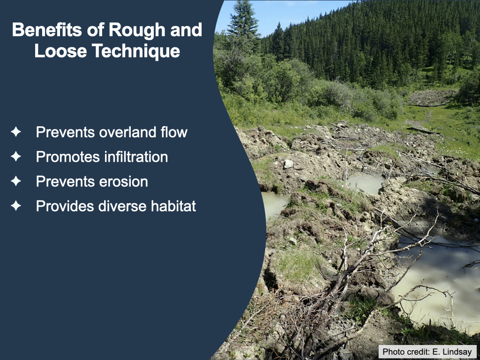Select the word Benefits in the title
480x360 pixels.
[x=47, y=30]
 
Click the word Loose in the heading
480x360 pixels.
[x=60, y=51]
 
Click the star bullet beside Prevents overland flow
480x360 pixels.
[x=16, y=132]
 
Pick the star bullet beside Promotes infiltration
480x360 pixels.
[x=16, y=157]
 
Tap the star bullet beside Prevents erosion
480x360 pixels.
[x=16, y=181]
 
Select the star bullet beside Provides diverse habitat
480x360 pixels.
[x=16, y=206]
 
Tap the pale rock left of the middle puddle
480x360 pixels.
[x=288, y=164]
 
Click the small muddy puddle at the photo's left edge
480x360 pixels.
[x=273, y=203]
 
